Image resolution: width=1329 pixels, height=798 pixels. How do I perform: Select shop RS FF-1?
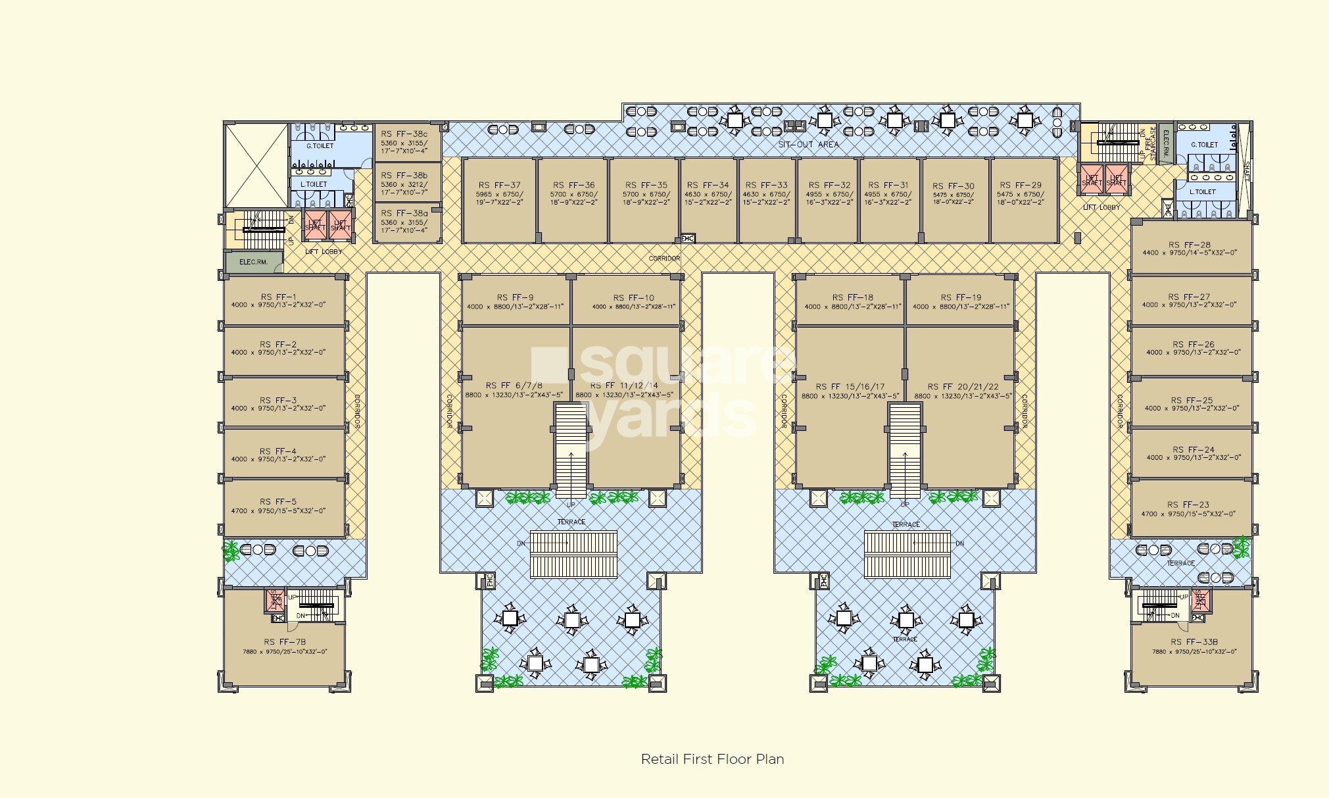(278, 297)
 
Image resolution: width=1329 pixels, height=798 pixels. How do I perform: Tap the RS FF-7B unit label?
(285, 642)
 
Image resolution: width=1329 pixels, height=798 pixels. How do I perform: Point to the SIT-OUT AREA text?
(808, 144)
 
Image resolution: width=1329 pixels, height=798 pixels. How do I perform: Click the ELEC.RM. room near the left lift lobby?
(253, 262)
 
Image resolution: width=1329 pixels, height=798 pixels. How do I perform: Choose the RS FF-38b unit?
(404, 176)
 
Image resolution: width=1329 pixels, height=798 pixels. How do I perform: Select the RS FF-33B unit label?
(1194, 642)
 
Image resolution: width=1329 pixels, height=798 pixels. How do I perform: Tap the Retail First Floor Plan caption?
(712, 759)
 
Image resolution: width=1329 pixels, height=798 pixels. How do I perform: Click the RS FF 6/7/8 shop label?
(514, 386)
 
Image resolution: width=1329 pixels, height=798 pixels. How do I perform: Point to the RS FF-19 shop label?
(960, 297)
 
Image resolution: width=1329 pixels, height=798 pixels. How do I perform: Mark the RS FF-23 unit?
(1188, 505)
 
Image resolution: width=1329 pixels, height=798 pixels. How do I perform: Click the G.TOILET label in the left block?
(320, 146)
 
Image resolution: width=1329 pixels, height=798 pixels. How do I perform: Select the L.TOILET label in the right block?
(1203, 192)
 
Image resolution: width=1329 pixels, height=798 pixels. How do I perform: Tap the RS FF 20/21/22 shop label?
(963, 387)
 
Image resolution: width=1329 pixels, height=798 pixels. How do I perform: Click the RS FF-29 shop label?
(1021, 186)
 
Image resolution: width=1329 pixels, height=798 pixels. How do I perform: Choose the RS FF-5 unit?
(278, 501)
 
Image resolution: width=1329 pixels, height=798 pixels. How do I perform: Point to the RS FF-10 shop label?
(633, 298)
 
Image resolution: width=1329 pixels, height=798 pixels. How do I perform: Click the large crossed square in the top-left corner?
(256, 164)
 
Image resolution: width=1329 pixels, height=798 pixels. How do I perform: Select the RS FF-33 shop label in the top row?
(765, 186)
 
